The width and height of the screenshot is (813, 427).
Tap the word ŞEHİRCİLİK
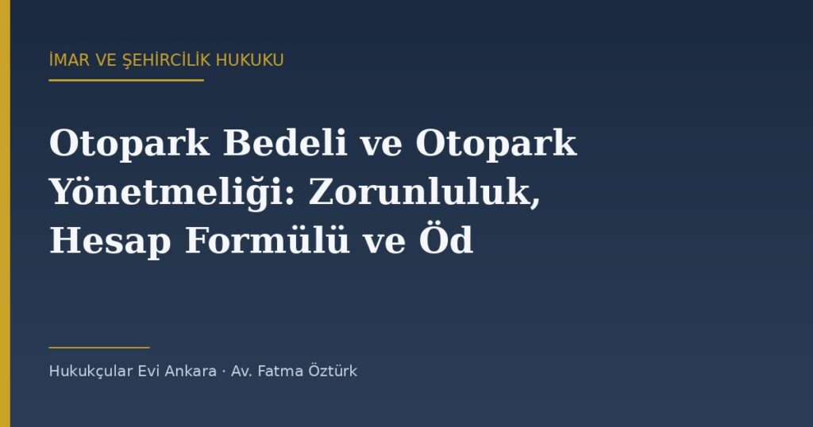point(167,60)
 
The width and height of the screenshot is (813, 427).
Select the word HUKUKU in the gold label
point(250,60)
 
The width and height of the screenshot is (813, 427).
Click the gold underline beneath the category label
point(126,80)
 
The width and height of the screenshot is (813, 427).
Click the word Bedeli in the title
point(285,143)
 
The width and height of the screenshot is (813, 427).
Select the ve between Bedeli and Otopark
point(381,146)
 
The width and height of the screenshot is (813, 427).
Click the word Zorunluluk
point(424,192)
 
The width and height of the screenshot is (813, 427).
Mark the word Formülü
point(267,240)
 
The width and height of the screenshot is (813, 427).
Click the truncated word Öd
point(446,240)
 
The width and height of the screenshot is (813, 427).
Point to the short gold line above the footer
point(99,348)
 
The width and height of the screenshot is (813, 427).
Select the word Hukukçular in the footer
point(91,371)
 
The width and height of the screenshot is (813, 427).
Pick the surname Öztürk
point(333,371)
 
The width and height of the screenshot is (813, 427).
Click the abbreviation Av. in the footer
point(241,371)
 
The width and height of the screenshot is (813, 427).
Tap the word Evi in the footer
point(148,371)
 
